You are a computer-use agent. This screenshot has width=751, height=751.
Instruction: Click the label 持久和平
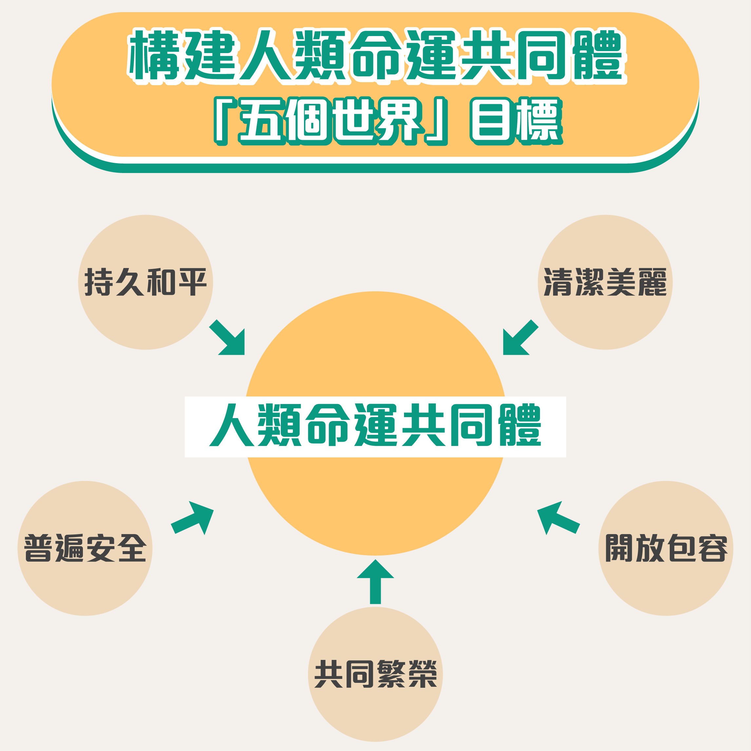click(x=145, y=282)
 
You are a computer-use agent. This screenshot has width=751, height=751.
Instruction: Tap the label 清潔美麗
click(x=605, y=282)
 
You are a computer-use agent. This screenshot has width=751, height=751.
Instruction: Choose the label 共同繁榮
click(x=375, y=674)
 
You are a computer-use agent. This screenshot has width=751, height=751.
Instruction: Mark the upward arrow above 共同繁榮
click(x=375, y=582)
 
